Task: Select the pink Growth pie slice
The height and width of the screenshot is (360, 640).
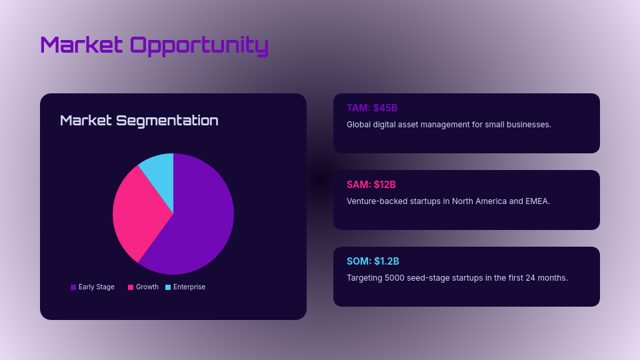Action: [x=137, y=210]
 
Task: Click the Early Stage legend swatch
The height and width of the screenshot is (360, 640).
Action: [x=73, y=287]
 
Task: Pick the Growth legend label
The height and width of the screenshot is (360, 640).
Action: [x=147, y=287]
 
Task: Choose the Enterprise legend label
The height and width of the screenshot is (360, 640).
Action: [x=189, y=287]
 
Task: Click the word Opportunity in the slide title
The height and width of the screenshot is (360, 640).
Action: [x=199, y=45]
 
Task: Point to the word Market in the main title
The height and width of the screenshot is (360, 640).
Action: [x=81, y=45]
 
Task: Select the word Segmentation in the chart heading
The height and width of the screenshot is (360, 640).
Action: [x=167, y=121]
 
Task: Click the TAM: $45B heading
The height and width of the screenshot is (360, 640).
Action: [x=372, y=108]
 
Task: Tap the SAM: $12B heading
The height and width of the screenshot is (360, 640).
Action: [x=371, y=185]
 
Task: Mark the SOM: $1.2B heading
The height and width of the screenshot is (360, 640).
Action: [x=373, y=261]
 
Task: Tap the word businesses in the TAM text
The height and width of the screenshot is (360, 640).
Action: [x=528, y=125]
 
